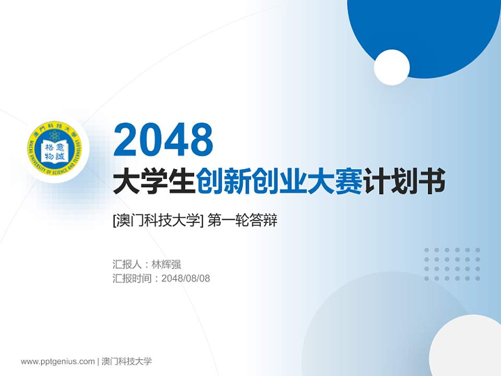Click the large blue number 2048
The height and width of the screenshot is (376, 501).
click(x=163, y=139)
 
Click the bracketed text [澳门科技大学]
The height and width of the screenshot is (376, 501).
click(x=157, y=221)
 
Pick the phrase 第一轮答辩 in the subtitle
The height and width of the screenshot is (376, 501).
click(x=242, y=221)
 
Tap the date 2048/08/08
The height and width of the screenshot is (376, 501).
click(x=186, y=278)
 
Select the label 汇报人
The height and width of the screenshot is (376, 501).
click(x=127, y=264)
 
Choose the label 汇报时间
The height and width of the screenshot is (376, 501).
click(x=132, y=278)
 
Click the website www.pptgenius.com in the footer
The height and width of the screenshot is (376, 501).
click(x=58, y=361)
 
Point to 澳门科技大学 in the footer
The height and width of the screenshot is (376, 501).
click(x=127, y=361)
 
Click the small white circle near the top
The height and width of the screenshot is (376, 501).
click(x=391, y=67)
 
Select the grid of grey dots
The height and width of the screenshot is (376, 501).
click(x=452, y=264)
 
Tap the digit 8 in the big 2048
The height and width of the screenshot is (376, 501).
click(x=201, y=139)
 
